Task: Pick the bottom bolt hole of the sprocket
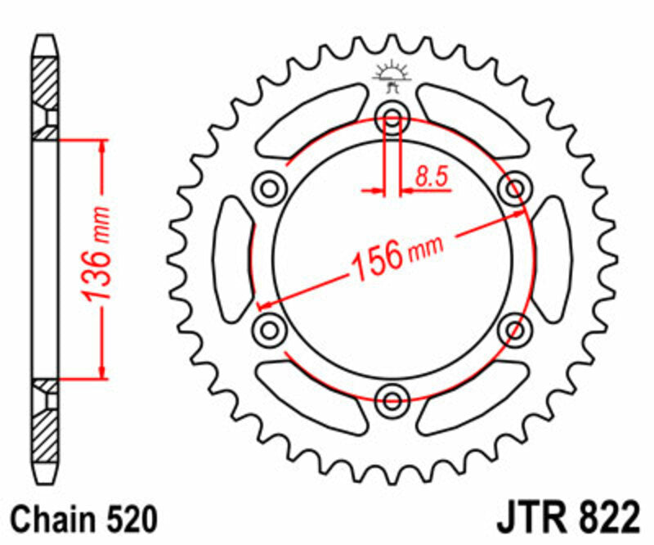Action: pos(392,400)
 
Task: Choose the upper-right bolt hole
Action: pos(514,190)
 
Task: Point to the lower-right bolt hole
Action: pos(514,330)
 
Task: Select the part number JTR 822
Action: pos(566,519)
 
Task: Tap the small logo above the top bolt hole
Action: pos(392,78)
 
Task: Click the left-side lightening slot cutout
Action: pos(232,260)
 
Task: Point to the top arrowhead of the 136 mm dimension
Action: pos(101,145)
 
